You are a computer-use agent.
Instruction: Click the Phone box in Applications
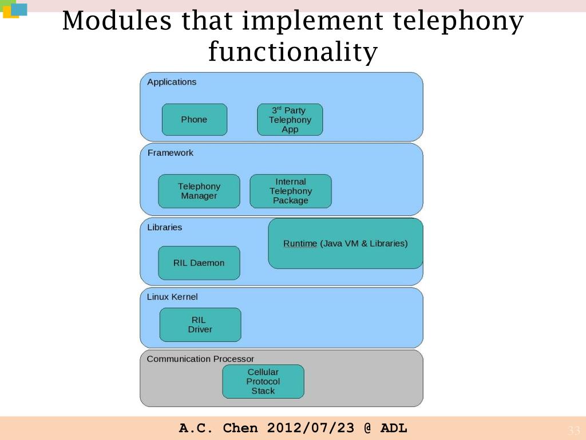tap(194, 120)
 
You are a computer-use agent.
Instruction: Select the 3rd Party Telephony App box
tap(290, 120)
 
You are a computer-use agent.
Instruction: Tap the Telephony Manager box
tap(199, 191)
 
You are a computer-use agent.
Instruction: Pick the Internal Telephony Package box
tap(291, 191)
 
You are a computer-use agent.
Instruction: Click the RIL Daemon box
tap(199, 263)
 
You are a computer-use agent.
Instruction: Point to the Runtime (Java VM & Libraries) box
tap(345, 243)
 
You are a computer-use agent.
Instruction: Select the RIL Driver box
tap(200, 325)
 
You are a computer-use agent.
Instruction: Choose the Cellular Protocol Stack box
tap(263, 382)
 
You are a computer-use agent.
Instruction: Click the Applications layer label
tap(172, 82)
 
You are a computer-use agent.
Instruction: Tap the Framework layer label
tap(171, 153)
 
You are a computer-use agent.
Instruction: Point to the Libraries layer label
tap(164, 227)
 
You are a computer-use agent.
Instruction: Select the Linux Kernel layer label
tap(172, 297)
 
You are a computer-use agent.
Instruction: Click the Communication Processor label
tap(200, 359)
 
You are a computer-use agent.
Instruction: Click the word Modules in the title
tap(117, 22)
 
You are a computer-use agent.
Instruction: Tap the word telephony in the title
tap(458, 22)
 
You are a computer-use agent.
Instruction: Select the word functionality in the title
tap(292, 53)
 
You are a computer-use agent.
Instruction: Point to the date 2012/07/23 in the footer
tap(310, 428)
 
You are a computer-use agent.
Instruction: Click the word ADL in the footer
tap(394, 428)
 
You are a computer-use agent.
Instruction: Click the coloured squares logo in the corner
tap(14, 9)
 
